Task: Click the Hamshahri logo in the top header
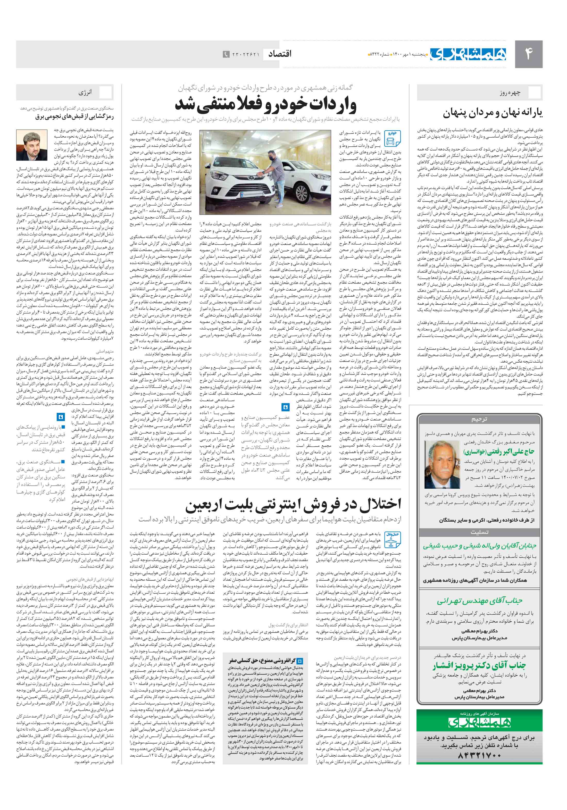[x=468, y=54]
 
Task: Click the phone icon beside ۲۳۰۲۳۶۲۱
[x=226, y=54]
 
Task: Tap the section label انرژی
[x=85, y=93]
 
